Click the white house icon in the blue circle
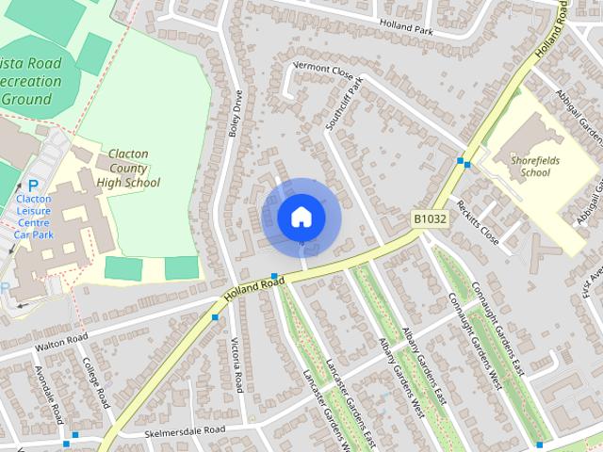[300, 217]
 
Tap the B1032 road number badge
[429, 218]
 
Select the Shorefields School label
[535, 166]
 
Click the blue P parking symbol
[33, 186]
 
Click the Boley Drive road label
[236, 114]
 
